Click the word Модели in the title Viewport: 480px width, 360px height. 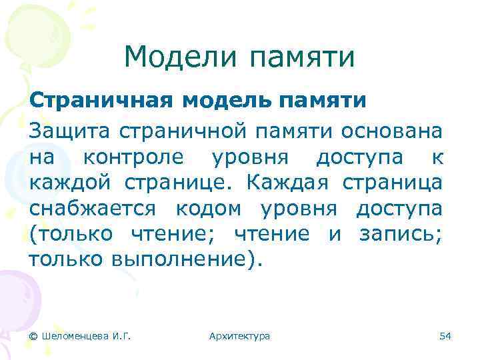coord(180,59)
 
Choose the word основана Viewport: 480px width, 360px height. coord(391,131)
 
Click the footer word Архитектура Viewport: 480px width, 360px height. coord(239,337)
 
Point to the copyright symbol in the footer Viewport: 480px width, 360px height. coord(33,337)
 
